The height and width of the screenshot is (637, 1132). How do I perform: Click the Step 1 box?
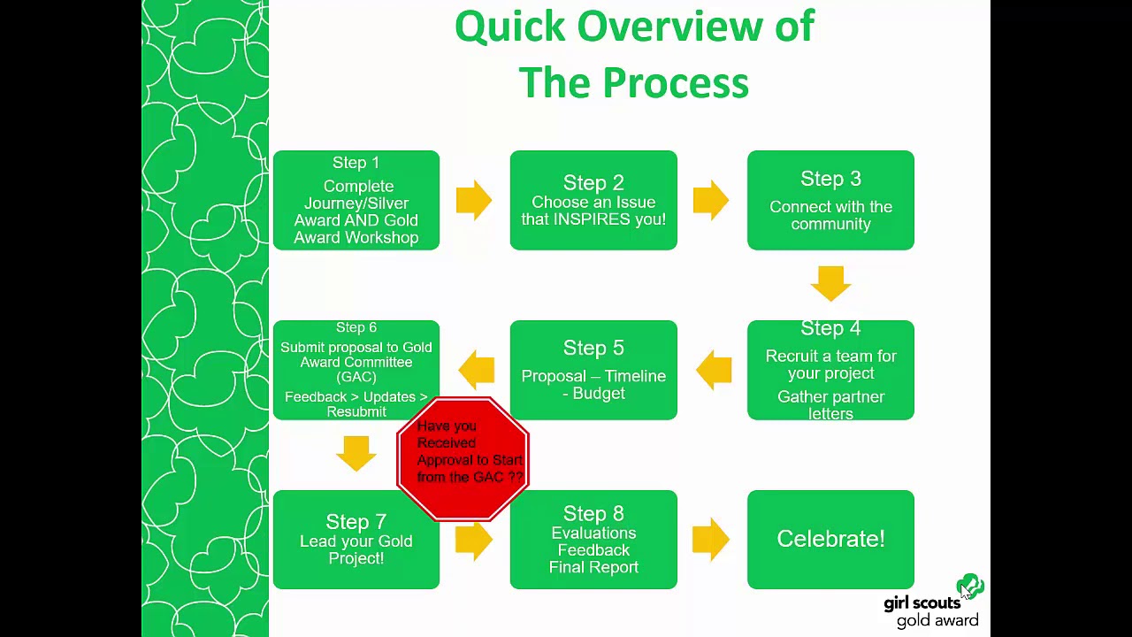click(x=356, y=200)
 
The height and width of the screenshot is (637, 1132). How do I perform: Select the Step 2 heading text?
click(x=593, y=182)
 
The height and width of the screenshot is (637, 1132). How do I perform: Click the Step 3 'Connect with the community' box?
click(x=830, y=200)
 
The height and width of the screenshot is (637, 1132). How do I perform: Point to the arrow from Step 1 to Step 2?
click(x=474, y=200)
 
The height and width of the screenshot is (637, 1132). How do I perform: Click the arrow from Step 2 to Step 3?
click(x=711, y=200)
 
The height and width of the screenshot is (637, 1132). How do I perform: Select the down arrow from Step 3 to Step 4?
click(x=830, y=284)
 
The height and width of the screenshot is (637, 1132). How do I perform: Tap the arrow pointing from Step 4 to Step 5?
click(x=714, y=370)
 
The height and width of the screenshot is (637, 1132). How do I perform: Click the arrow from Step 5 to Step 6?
click(x=476, y=370)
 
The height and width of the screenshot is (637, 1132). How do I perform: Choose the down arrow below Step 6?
click(x=356, y=454)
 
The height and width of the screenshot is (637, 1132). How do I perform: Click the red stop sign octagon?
click(x=463, y=459)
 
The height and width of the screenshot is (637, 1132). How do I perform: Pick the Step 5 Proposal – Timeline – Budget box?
click(x=593, y=370)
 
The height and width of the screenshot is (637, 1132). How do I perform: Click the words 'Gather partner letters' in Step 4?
click(x=830, y=405)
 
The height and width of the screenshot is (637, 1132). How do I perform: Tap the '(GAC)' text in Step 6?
click(x=356, y=377)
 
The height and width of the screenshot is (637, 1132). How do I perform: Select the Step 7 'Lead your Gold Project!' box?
click(x=356, y=540)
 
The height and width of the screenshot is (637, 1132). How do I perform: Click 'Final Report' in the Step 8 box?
click(x=593, y=567)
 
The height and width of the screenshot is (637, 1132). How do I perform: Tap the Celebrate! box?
click(x=830, y=540)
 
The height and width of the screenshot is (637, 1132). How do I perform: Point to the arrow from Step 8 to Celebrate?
click(x=711, y=540)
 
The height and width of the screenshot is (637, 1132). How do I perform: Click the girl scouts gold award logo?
click(x=934, y=602)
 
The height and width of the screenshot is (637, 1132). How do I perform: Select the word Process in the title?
click(x=677, y=83)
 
